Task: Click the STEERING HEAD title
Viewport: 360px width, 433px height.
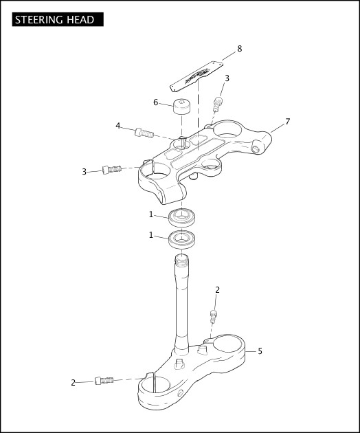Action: tap(54, 20)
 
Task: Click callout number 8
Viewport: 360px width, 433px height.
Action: tap(239, 49)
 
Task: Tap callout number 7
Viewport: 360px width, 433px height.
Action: tap(287, 121)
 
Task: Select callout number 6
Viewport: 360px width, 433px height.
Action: tap(156, 102)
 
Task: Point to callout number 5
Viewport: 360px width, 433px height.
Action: tap(260, 351)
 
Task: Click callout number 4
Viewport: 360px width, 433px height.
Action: tap(118, 126)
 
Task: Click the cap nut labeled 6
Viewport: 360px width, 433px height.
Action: tap(181, 107)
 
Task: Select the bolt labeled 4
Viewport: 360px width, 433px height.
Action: tap(144, 133)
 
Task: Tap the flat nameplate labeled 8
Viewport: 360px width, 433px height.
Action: tap(196, 76)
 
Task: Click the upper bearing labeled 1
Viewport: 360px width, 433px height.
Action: tap(183, 216)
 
